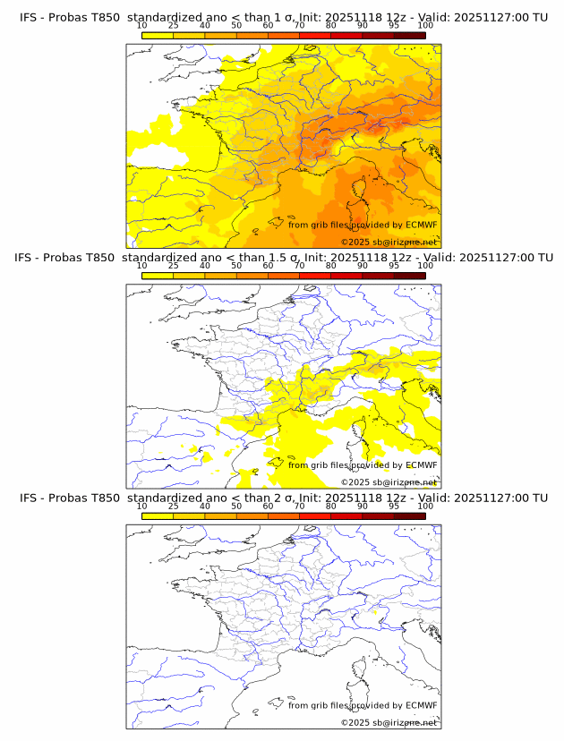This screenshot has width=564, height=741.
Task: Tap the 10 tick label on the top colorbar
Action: (141, 25)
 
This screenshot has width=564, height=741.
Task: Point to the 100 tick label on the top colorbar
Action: (425, 25)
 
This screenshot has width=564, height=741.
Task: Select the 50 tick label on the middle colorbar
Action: (236, 266)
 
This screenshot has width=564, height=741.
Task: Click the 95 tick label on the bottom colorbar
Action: (394, 507)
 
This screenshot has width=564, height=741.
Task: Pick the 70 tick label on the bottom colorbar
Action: (299, 507)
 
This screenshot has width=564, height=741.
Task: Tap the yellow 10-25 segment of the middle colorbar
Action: (158, 276)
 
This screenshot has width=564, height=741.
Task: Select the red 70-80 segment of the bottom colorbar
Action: (315, 516)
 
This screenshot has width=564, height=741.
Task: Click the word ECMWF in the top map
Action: (422, 225)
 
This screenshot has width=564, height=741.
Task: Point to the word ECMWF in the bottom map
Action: (422, 705)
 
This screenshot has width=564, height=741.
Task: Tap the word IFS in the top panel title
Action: (29, 16)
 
